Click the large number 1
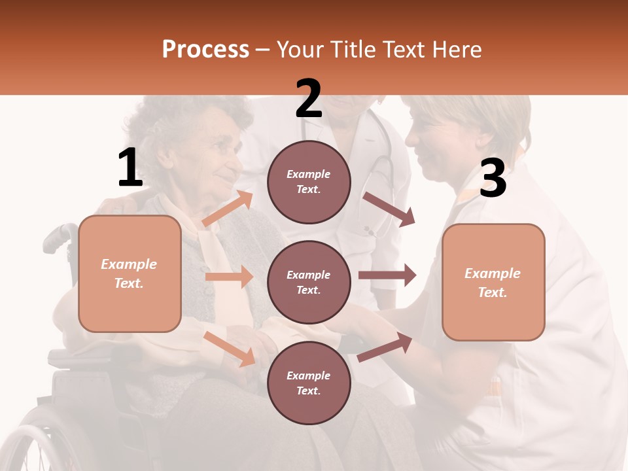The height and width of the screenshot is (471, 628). pyautogui.click(x=130, y=168)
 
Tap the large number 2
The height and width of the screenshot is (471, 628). pyautogui.click(x=309, y=99)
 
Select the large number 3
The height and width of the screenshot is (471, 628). pyautogui.click(x=493, y=179)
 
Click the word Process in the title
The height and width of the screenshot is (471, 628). pyautogui.click(x=205, y=49)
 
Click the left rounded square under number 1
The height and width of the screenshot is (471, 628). pyautogui.click(x=130, y=273)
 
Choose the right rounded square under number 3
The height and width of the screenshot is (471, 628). pyautogui.click(x=493, y=282)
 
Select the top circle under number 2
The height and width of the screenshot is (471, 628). pyautogui.click(x=309, y=182)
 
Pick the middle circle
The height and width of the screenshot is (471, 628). pyautogui.click(x=309, y=282)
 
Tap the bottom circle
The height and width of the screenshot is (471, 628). pyautogui.click(x=309, y=383)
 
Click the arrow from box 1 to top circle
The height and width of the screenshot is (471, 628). pyautogui.click(x=228, y=208)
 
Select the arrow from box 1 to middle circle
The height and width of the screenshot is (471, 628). pyautogui.click(x=229, y=277)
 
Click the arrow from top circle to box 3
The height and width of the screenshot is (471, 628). pyautogui.click(x=389, y=209)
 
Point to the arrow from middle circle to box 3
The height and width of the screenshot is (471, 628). pyautogui.click(x=387, y=275)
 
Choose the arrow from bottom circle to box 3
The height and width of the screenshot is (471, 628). pyautogui.click(x=385, y=347)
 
